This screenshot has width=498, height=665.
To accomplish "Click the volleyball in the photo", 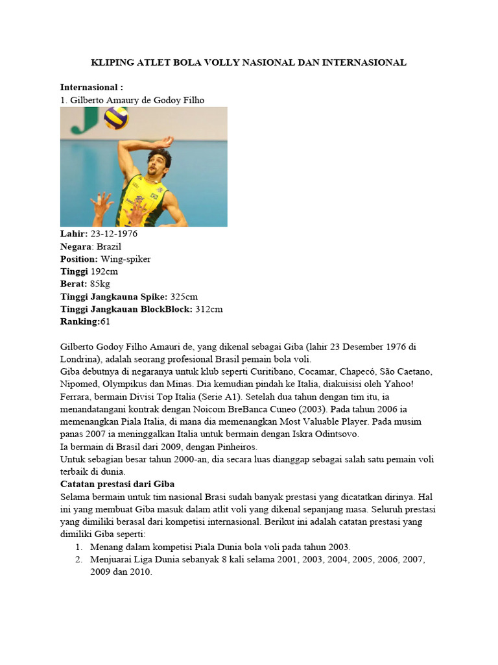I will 116,118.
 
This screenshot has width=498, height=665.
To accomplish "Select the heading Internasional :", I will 91,87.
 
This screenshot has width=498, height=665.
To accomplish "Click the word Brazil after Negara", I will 109,247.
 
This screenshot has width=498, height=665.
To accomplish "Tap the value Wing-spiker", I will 126,259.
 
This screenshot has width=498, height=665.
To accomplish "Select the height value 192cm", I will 104,271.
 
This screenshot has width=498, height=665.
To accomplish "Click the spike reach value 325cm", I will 184,296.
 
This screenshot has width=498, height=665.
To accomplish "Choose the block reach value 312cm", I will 209,308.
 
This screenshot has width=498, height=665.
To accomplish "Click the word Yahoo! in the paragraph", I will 403,384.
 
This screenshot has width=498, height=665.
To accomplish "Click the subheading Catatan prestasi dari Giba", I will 117,484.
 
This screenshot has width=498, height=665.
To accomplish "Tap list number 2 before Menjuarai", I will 78,559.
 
